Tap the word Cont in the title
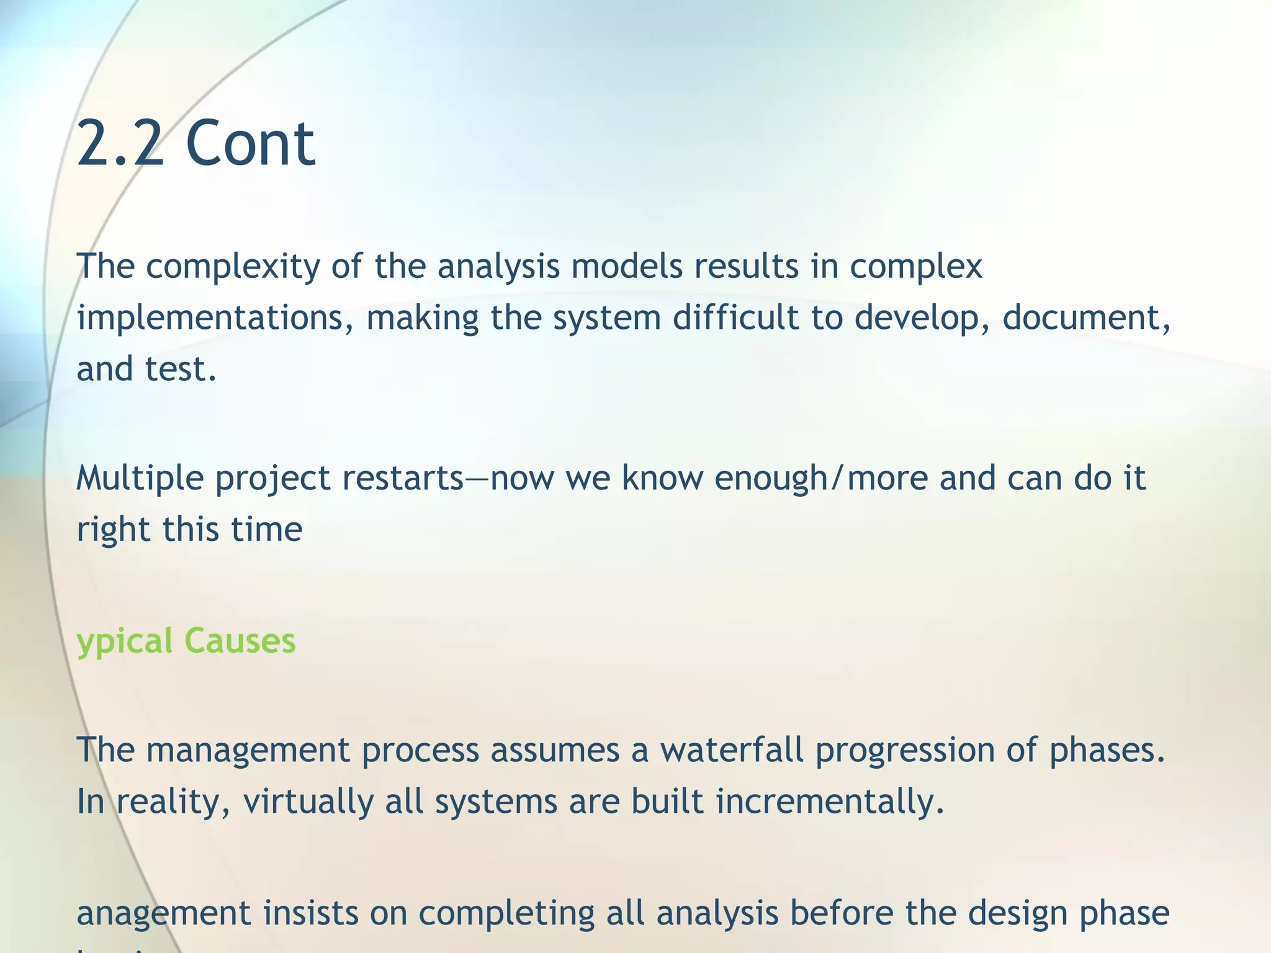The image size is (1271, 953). pos(250,144)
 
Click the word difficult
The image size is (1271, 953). pos(735,317)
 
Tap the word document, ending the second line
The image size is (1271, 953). pos(1086,318)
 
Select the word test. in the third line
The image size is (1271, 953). pos(181,369)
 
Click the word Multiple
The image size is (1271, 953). pos(140,479)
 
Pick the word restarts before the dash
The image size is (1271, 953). pos(402,479)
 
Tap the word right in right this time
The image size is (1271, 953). pos(113,530)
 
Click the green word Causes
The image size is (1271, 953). pos(240,640)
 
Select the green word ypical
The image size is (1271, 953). pos(125,642)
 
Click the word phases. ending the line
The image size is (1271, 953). pos(1107,751)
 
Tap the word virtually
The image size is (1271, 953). pos(307,802)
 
